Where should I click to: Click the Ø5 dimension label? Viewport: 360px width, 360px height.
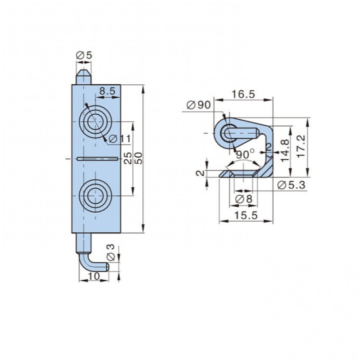(x=84, y=55)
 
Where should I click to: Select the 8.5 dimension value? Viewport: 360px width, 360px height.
(x=107, y=92)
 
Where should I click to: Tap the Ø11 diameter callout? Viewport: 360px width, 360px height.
(x=120, y=138)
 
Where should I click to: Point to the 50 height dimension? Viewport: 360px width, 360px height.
(x=139, y=157)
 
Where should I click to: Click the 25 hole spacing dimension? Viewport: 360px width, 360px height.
(x=128, y=157)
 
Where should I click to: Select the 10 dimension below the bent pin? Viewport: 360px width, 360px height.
(x=94, y=276)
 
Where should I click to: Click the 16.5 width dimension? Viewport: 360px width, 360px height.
(x=243, y=94)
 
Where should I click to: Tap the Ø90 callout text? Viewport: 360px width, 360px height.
(x=198, y=105)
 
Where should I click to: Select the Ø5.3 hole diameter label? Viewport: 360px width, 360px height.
(x=292, y=185)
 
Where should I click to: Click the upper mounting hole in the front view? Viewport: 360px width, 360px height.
(x=95, y=122)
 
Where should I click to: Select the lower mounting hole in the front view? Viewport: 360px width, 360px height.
(x=95, y=195)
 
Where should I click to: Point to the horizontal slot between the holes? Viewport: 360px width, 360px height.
(x=97, y=158)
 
